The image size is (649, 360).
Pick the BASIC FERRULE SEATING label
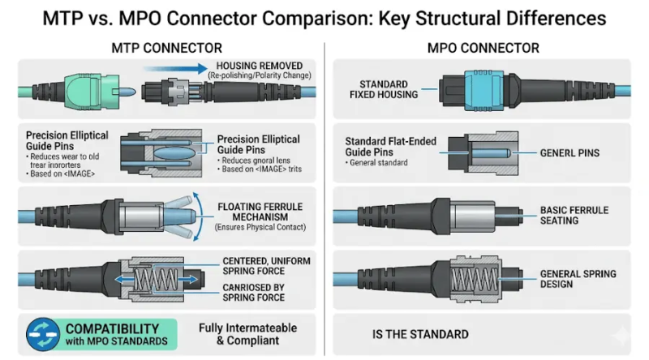coord(574,216)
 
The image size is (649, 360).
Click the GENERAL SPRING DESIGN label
coord(578,279)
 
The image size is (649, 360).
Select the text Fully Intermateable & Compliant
coord(247,333)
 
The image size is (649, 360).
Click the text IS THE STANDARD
coord(420,334)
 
